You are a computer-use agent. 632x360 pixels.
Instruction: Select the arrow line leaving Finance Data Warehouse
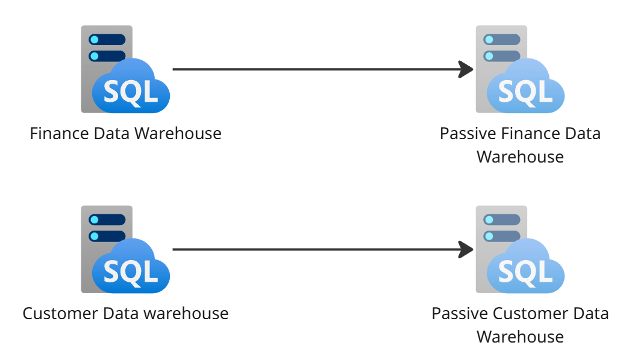313,69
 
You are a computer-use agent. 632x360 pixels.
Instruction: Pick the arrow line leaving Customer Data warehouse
313,249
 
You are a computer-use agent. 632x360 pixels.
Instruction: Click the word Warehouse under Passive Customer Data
520,337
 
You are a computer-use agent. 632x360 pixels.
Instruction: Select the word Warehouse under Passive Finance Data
520,157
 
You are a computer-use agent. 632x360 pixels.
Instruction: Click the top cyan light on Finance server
94,40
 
